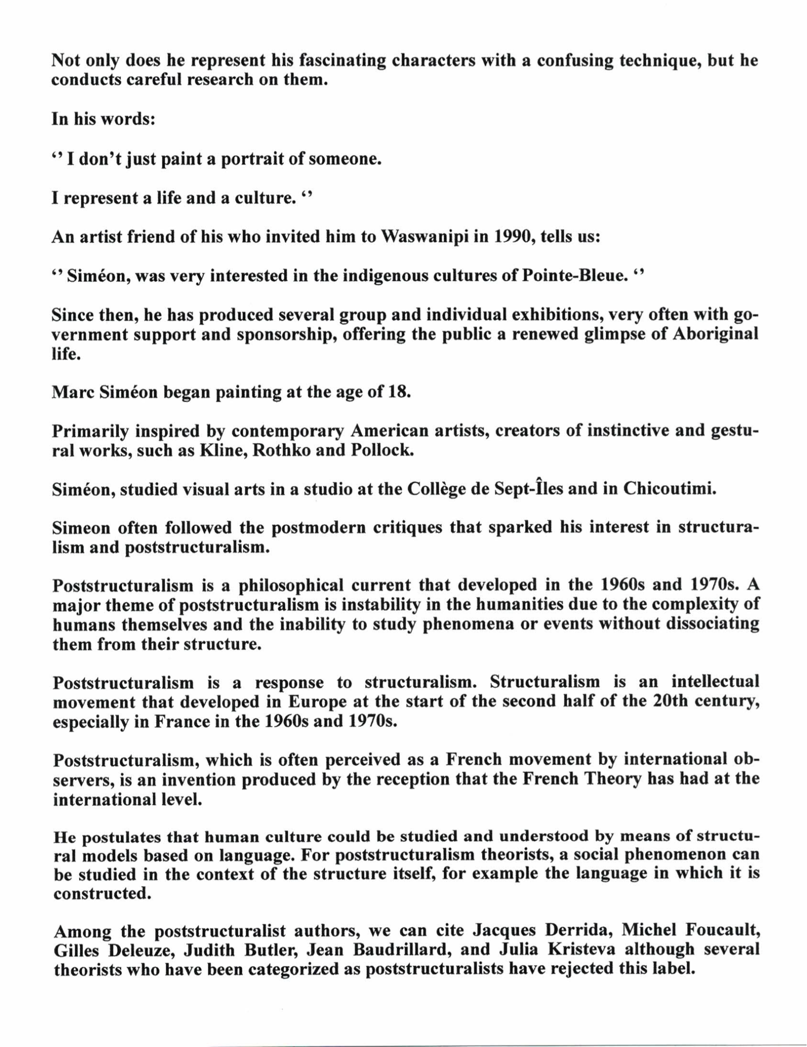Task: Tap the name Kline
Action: (x=220, y=451)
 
